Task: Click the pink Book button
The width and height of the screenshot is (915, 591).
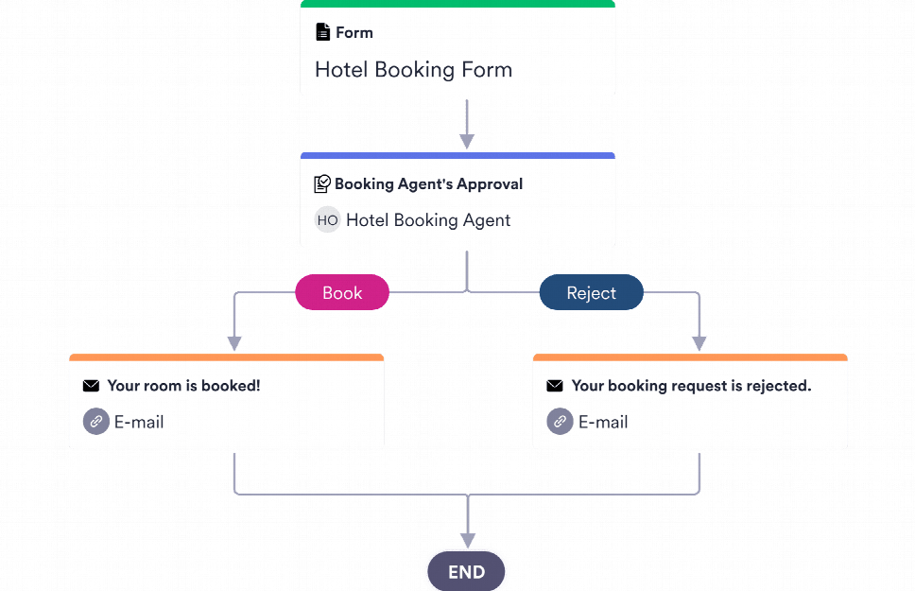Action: click(342, 293)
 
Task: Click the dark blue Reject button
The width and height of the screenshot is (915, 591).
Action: click(591, 293)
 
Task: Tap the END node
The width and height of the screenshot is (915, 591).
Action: click(466, 572)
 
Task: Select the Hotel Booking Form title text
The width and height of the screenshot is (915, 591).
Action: click(413, 70)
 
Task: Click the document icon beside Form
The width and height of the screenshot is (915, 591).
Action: click(323, 32)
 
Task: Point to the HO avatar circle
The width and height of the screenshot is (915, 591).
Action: click(327, 220)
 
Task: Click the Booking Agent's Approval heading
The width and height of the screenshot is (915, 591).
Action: click(428, 184)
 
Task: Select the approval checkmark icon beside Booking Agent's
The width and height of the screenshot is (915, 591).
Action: click(322, 184)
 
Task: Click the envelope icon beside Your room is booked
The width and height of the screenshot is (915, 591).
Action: click(91, 386)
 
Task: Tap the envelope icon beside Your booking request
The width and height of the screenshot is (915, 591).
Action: click(555, 386)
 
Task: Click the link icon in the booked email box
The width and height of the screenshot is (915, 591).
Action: click(95, 422)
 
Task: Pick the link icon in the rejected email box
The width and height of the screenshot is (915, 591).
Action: click(560, 422)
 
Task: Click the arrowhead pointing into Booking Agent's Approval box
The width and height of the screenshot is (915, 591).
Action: click(466, 142)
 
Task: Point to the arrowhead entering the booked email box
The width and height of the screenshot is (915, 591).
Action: click(234, 343)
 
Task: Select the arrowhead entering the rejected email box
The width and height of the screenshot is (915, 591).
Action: click(699, 343)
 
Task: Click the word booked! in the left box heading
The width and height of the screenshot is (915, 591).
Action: click(235, 386)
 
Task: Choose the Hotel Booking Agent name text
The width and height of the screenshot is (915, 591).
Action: click(427, 220)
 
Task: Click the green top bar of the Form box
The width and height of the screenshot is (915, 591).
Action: click(457, 4)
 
